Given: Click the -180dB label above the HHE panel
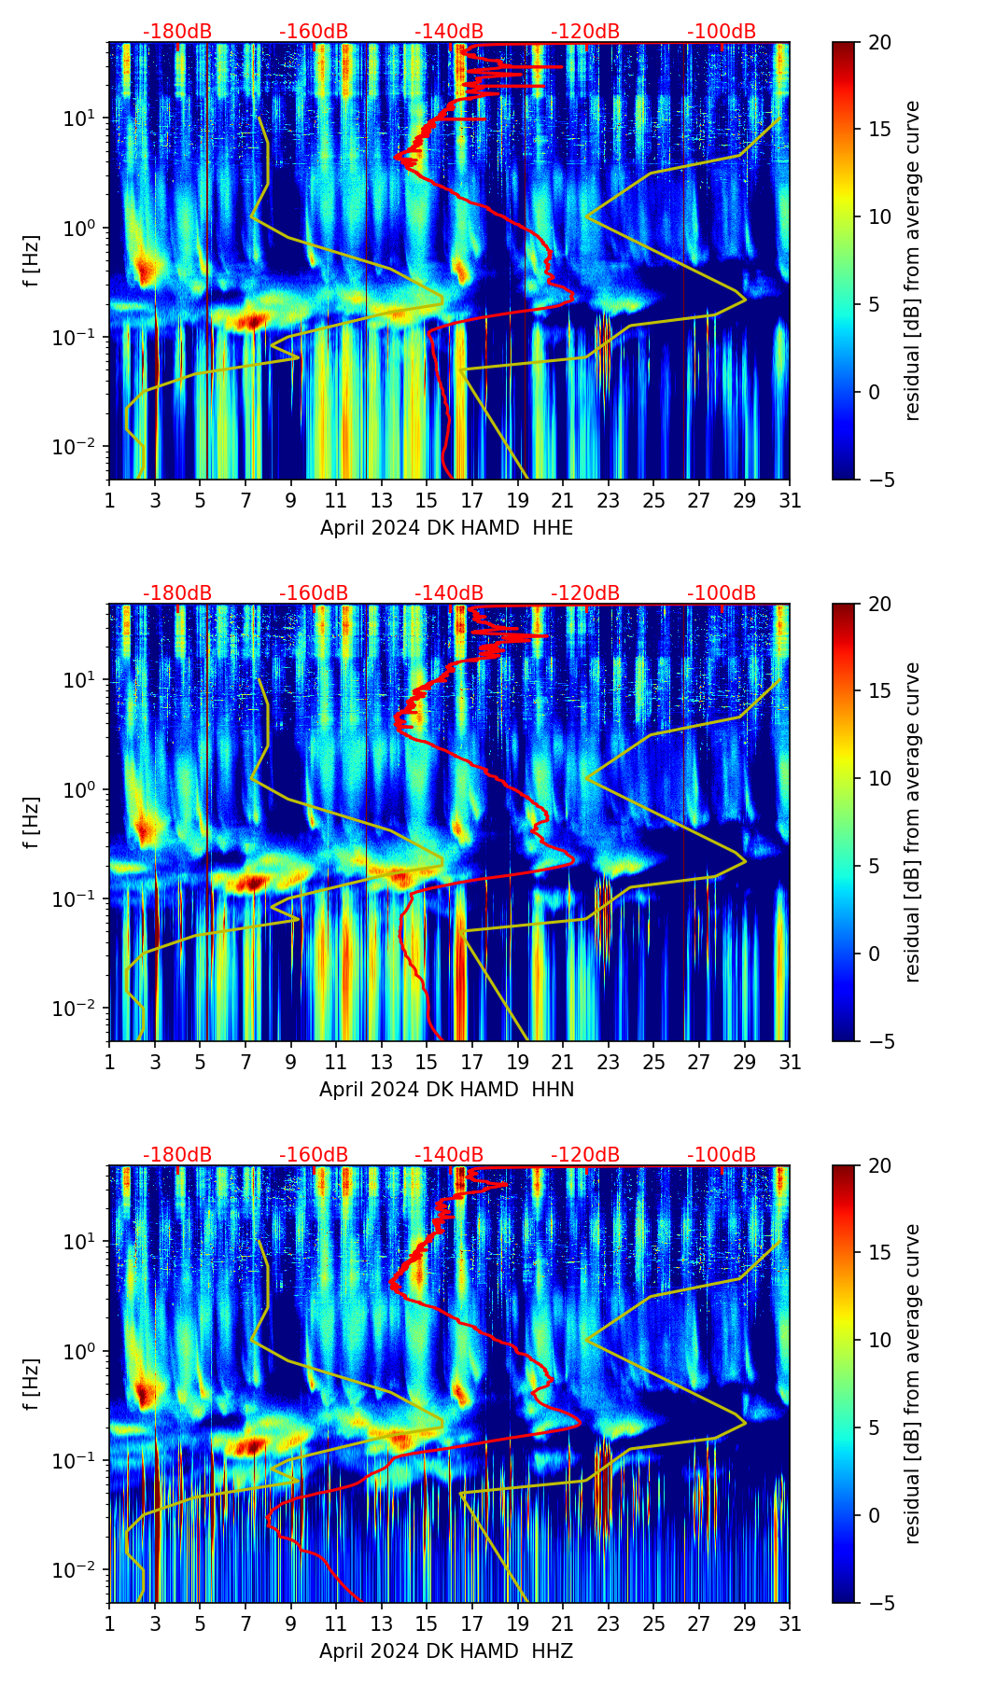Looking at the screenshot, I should tap(177, 32).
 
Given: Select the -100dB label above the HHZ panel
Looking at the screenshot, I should tap(722, 1155).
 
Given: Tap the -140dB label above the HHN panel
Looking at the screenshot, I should tap(449, 593).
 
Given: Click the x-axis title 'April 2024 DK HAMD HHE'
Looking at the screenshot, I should tap(446, 528).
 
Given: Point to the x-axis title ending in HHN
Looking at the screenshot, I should tap(446, 1090).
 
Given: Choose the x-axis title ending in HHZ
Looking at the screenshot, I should tap(446, 1651).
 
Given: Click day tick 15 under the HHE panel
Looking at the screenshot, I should tap(427, 501).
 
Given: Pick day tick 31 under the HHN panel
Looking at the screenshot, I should tap(790, 1063).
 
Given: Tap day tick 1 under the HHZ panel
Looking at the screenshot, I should tap(110, 1624).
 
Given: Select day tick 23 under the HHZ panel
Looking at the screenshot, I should tap(608, 1624).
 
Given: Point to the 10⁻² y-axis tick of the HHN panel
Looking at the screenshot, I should tap(77, 1010).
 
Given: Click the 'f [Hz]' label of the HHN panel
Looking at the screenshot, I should tap(32, 822).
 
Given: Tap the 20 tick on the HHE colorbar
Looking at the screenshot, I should tap(879, 42).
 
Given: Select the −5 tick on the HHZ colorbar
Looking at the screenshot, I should tap(879, 1603).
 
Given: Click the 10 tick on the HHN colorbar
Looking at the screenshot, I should tap(879, 778).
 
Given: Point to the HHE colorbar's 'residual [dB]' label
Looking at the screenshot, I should tap(912, 260).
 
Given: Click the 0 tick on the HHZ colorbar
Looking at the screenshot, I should tap(874, 1515).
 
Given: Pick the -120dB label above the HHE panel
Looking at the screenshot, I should tap(585, 32).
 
